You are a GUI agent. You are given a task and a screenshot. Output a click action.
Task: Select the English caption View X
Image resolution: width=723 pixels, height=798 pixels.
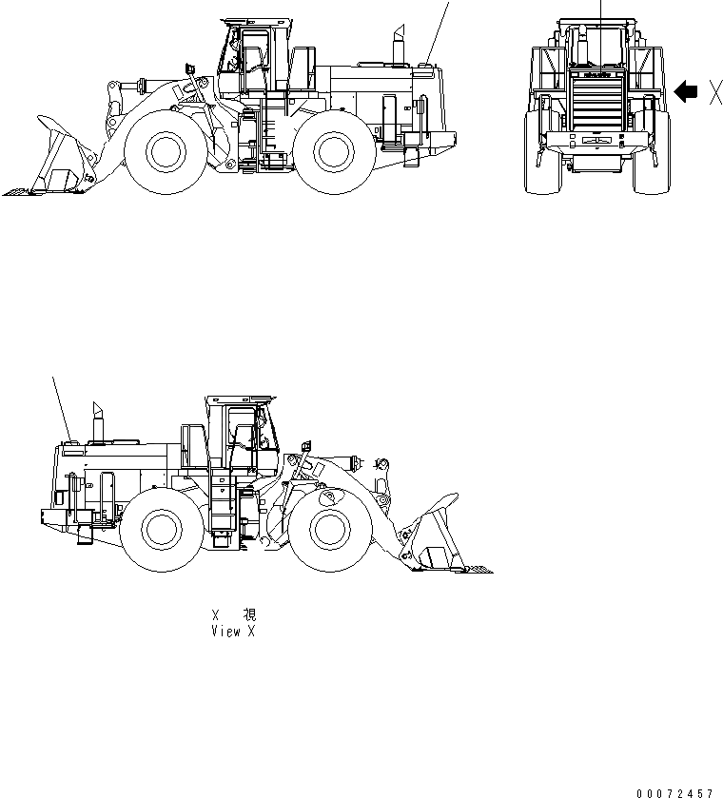(233, 632)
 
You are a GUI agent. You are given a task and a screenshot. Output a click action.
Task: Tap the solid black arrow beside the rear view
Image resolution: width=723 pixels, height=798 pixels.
(684, 91)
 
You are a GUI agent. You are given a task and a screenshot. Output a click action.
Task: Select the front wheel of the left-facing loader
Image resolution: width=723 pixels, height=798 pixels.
(167, 151)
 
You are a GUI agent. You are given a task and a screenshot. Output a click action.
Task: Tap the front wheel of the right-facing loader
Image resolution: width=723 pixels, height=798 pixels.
(328, 530)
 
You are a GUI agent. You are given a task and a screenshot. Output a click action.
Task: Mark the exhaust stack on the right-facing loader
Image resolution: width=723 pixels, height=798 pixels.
(96, 422)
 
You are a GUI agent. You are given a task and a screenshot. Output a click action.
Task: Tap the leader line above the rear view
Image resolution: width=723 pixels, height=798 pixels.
(601, 11)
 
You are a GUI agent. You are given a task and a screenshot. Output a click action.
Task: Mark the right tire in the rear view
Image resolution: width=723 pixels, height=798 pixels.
(653, 152)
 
